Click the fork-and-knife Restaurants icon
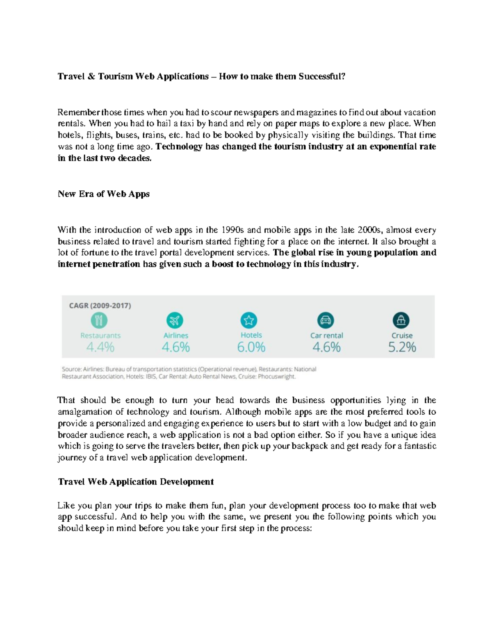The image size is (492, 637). click(x=99, y=320)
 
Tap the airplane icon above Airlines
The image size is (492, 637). click(x=175, y=320)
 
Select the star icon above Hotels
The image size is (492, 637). click(x=249, y=320)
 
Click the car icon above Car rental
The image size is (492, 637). click(x=326, y=320)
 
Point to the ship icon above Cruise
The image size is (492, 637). click(x=401, y=320)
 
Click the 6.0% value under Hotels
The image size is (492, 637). click(x=251, y=347)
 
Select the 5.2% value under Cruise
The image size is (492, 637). click(x=402, y=347)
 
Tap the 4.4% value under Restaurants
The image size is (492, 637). click(x=100, y=347)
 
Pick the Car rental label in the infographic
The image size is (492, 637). click(x=326, y=336)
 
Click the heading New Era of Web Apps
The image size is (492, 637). click(x=103, y=194)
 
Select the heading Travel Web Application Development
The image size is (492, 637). click(x=136, y=482)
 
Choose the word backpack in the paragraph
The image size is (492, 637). click(x=310, y=446)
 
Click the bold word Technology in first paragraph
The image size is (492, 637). click(x=179, y=147)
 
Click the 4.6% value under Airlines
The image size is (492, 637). click(x=175, y=347)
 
